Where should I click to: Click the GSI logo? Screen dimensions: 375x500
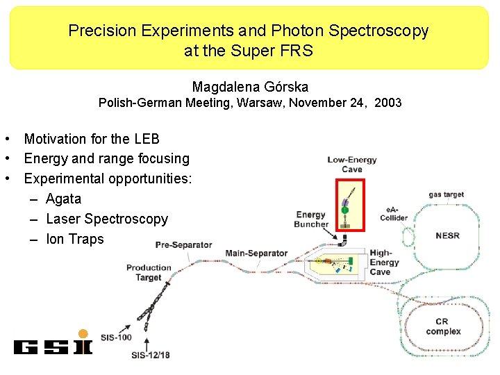pyautogui.click(x=53, y=346)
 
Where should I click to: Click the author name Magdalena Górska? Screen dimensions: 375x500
pyautogui.click(x=250, y=87)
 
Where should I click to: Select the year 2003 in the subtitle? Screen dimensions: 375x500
pyautogui.click(x=387, y=103)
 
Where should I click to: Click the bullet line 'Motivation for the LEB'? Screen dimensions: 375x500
pyautogui.click(x=92, y=139)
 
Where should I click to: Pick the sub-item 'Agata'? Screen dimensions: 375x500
pyautogui.click(x=63, y=199)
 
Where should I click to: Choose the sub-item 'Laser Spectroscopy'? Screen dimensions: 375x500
pyautogui.click(x=107, y=219)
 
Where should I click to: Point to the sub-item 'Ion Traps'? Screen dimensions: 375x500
pyautogui.click(x=74, y=239)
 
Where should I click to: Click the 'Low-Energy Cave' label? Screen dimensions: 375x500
pyautogui.click(x=352, y=165)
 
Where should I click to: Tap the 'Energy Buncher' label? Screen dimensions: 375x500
pyautogui.click(x=311, y=219)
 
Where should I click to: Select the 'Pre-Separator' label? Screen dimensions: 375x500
pyautogui.click(x=183, y=244)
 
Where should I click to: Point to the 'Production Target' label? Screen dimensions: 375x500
pyautogui.click(x=149, y=272)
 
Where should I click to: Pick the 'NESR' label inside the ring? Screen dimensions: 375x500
pyautogui.click(x=447, y=235)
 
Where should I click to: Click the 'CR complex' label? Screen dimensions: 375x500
pyautogui.click(x=442, y=326)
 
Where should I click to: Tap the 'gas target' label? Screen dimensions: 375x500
pyautogui.click(x=446, y=195)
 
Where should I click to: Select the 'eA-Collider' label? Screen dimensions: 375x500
pyautogui.click(x=394, y=214)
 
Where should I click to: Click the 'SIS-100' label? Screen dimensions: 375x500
pyautogui.click(x=116, y=337)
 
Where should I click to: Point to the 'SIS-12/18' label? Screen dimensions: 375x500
pyautogui.click(x=151, y=355)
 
